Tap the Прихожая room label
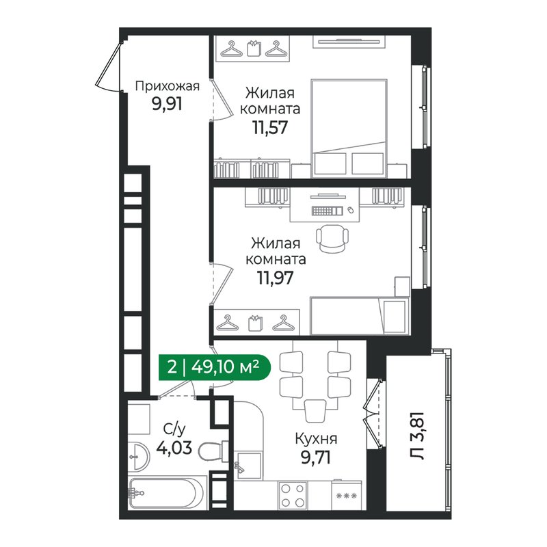click(167, 86)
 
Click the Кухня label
click(315, 439)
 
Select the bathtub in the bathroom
click(166, 493)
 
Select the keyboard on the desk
click(327, 210)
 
